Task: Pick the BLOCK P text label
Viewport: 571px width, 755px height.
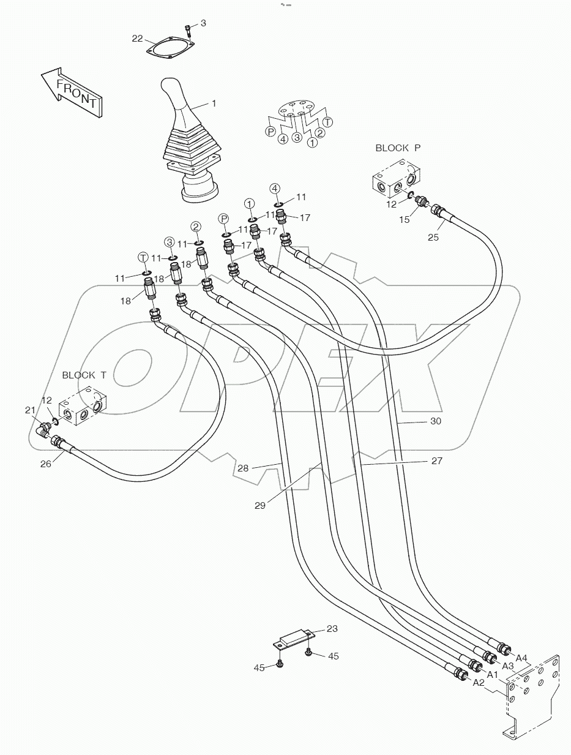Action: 398,148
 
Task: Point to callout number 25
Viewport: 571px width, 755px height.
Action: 433,237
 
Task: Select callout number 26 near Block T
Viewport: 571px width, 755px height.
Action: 46,464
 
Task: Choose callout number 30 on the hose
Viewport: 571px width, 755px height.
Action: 435,421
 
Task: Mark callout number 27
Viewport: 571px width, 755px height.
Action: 436,461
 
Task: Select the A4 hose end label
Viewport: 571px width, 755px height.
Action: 521,658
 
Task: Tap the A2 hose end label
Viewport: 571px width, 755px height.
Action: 479,682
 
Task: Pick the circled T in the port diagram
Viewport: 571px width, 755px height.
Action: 328,121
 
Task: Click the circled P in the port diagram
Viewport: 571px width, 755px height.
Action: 269,130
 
